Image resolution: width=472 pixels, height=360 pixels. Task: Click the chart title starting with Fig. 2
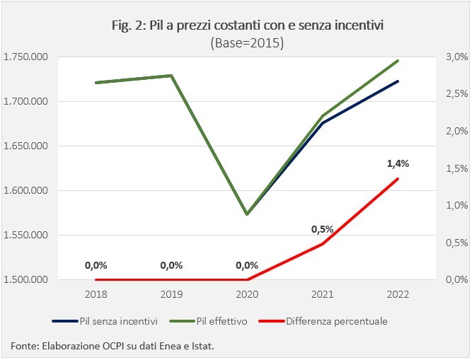(248, 25)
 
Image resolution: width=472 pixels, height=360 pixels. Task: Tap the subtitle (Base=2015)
(248, 43)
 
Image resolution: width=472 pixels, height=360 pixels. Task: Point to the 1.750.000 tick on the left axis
(25, 57)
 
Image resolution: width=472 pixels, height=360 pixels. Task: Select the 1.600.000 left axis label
(25, 190)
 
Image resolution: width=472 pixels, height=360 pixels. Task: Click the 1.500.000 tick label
(25, 279)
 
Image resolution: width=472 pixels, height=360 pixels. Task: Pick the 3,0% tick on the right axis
(457, 57)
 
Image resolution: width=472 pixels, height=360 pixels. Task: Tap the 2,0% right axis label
(457, 131)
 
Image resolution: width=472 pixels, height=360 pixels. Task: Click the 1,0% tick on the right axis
(457, 205)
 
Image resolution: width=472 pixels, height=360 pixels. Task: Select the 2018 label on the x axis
(96, 294)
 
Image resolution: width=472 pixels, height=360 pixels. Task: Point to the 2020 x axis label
(247, 294)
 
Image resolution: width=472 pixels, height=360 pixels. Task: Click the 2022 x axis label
(398, 294)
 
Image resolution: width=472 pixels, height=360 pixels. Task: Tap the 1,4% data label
(398, 163)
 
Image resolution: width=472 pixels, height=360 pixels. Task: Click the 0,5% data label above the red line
(323, 229)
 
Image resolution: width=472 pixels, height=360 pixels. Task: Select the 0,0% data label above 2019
(171, 265)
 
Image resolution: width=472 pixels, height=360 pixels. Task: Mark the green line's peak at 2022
(398, 61)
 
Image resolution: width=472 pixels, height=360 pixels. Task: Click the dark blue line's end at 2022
(398, 81)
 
